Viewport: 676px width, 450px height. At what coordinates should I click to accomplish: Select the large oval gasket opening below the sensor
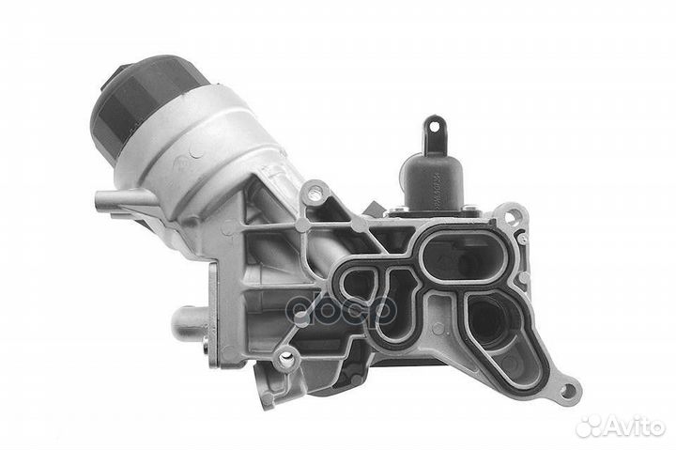coord(457,253)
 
